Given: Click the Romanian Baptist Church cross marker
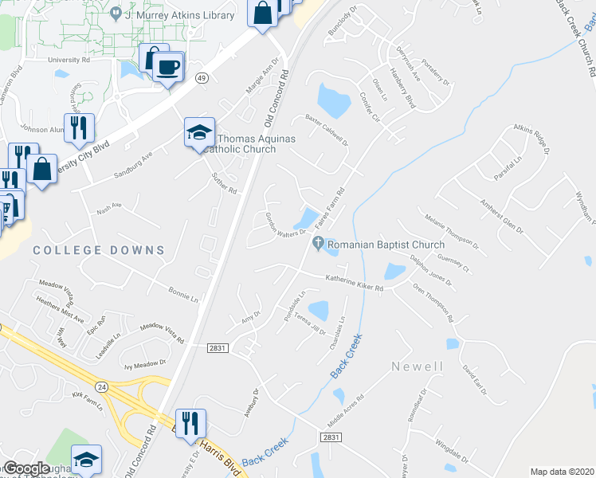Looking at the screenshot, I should point(319,244).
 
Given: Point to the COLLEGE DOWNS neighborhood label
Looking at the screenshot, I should point(99,250).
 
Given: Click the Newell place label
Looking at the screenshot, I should point(417,366).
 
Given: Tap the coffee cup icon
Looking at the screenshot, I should point(167,66).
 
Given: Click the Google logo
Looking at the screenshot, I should point(26,468).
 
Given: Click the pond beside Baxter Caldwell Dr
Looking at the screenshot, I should point(333,99).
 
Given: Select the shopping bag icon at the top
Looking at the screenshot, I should point(262,13).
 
